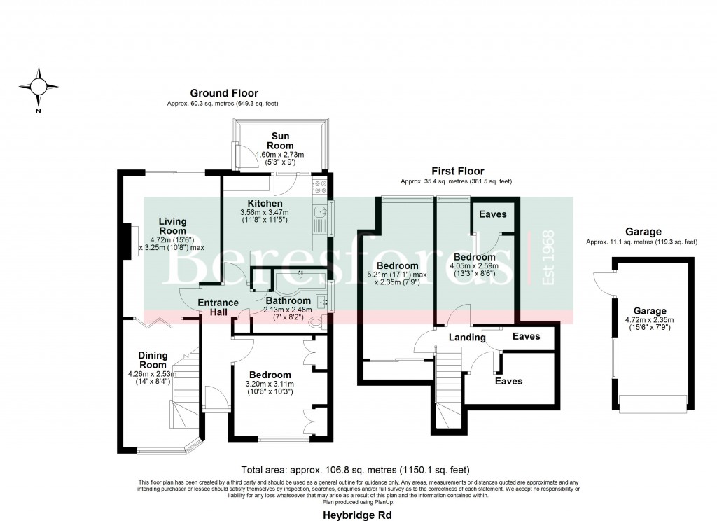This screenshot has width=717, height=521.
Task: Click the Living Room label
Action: [172, 226]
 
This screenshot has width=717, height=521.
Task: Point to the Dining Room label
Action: [152, 360]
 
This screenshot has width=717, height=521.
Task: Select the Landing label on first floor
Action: [467, 338]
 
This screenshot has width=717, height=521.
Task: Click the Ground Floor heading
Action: [223, 93]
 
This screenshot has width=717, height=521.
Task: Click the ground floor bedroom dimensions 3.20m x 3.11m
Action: [270, 384]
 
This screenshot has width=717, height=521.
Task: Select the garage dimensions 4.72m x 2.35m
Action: [650, 321]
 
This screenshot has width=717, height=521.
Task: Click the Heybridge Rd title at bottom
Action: [358, 514]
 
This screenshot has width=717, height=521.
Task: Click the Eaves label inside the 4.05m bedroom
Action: [493, 214]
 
